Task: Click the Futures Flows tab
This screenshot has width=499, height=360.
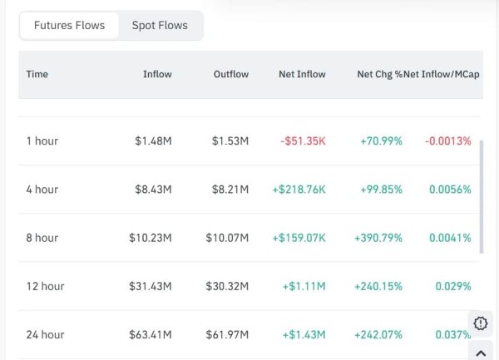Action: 69,25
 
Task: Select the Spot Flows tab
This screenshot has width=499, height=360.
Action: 160,25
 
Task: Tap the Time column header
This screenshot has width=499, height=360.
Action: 37,74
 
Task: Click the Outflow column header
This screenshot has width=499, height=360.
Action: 230,74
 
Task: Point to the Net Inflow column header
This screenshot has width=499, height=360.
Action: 302,74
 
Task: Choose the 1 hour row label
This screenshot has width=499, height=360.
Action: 42,141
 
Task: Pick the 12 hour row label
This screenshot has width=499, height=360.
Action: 45,286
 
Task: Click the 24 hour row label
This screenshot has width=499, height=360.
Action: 45,334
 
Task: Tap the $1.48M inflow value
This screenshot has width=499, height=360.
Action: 153,141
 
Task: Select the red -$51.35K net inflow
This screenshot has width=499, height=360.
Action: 303,141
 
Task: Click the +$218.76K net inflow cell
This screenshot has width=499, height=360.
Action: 299,189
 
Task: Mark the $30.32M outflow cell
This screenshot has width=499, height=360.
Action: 227,286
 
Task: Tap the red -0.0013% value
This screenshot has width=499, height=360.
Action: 447,141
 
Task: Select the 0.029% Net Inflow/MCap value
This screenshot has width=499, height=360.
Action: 454,286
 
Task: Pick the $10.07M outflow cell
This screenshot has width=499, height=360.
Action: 227,237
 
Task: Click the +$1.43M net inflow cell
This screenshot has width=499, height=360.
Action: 304,334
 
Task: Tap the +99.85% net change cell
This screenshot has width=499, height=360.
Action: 381,189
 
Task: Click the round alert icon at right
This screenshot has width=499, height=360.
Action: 481,323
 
